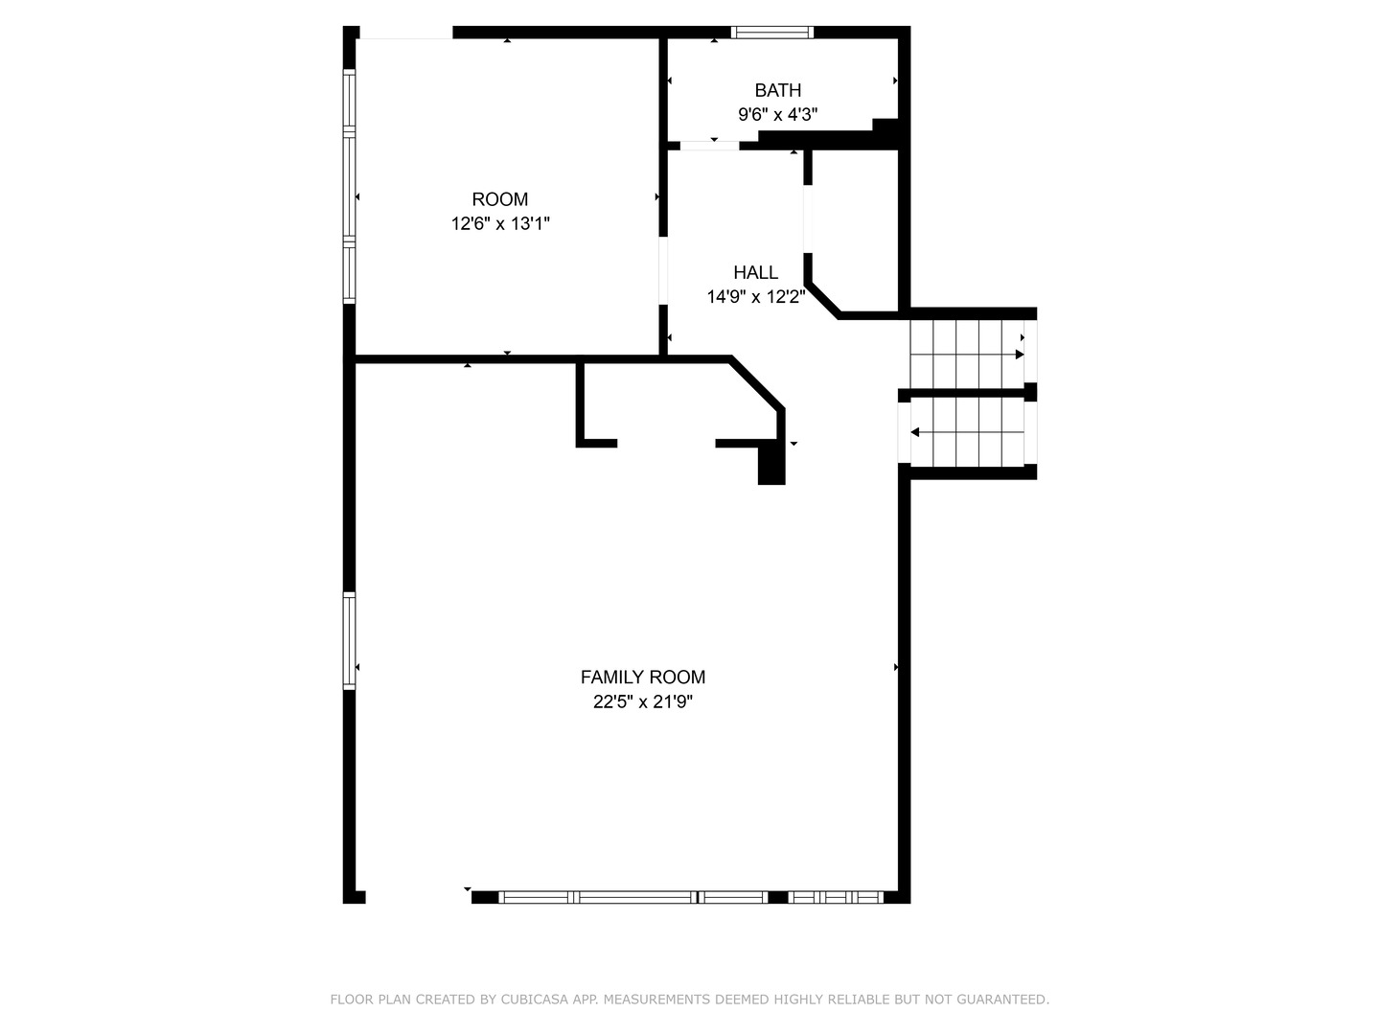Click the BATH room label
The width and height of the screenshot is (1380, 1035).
point(777,90)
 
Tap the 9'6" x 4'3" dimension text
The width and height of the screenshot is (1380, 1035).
point(777,115)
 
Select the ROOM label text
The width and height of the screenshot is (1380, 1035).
point(499,199)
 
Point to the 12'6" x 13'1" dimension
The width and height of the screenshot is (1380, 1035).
point(499,224)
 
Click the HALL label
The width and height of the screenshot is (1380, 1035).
point(755,272)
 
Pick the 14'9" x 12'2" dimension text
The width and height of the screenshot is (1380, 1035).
point(755,297)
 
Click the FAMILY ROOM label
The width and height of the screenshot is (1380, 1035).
point(642,677)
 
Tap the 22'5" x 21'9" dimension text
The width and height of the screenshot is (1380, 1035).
point(642,701)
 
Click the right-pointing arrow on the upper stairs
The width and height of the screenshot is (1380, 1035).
point(1020,354)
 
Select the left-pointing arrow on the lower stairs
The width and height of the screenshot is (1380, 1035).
point(915,432)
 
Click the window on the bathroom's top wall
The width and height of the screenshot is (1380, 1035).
point(772,32)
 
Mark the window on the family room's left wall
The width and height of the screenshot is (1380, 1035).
point(350,640)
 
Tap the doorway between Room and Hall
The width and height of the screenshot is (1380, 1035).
point(662,270)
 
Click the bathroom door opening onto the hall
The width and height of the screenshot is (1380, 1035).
point(710,146)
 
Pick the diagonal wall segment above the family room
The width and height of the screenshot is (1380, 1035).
point(757,383)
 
